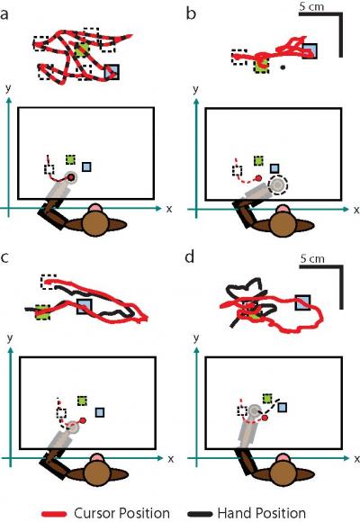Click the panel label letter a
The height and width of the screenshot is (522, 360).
4,14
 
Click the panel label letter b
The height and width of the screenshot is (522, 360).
191,13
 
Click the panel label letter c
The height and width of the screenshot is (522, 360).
4,257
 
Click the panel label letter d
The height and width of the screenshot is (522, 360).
190,256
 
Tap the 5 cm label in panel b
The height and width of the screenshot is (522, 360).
311,6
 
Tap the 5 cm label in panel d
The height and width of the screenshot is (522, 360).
312,258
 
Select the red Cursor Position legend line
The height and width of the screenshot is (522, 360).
55,514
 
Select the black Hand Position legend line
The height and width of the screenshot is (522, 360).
200,514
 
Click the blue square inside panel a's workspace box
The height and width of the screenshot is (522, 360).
86,166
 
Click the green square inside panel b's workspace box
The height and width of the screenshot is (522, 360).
258,161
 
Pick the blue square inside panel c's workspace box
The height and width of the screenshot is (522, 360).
100,412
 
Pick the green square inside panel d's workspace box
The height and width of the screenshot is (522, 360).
267,398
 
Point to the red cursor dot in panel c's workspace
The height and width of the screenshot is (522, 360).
83,420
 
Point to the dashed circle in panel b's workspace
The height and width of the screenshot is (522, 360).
278,184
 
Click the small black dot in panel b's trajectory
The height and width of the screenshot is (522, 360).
283,67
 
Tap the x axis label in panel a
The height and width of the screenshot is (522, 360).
169,209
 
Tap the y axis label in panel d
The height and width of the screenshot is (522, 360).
196,338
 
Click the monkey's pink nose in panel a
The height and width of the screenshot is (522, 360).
95,208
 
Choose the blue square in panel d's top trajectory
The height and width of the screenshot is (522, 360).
302,303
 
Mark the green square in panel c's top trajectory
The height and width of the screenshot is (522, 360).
42,312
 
